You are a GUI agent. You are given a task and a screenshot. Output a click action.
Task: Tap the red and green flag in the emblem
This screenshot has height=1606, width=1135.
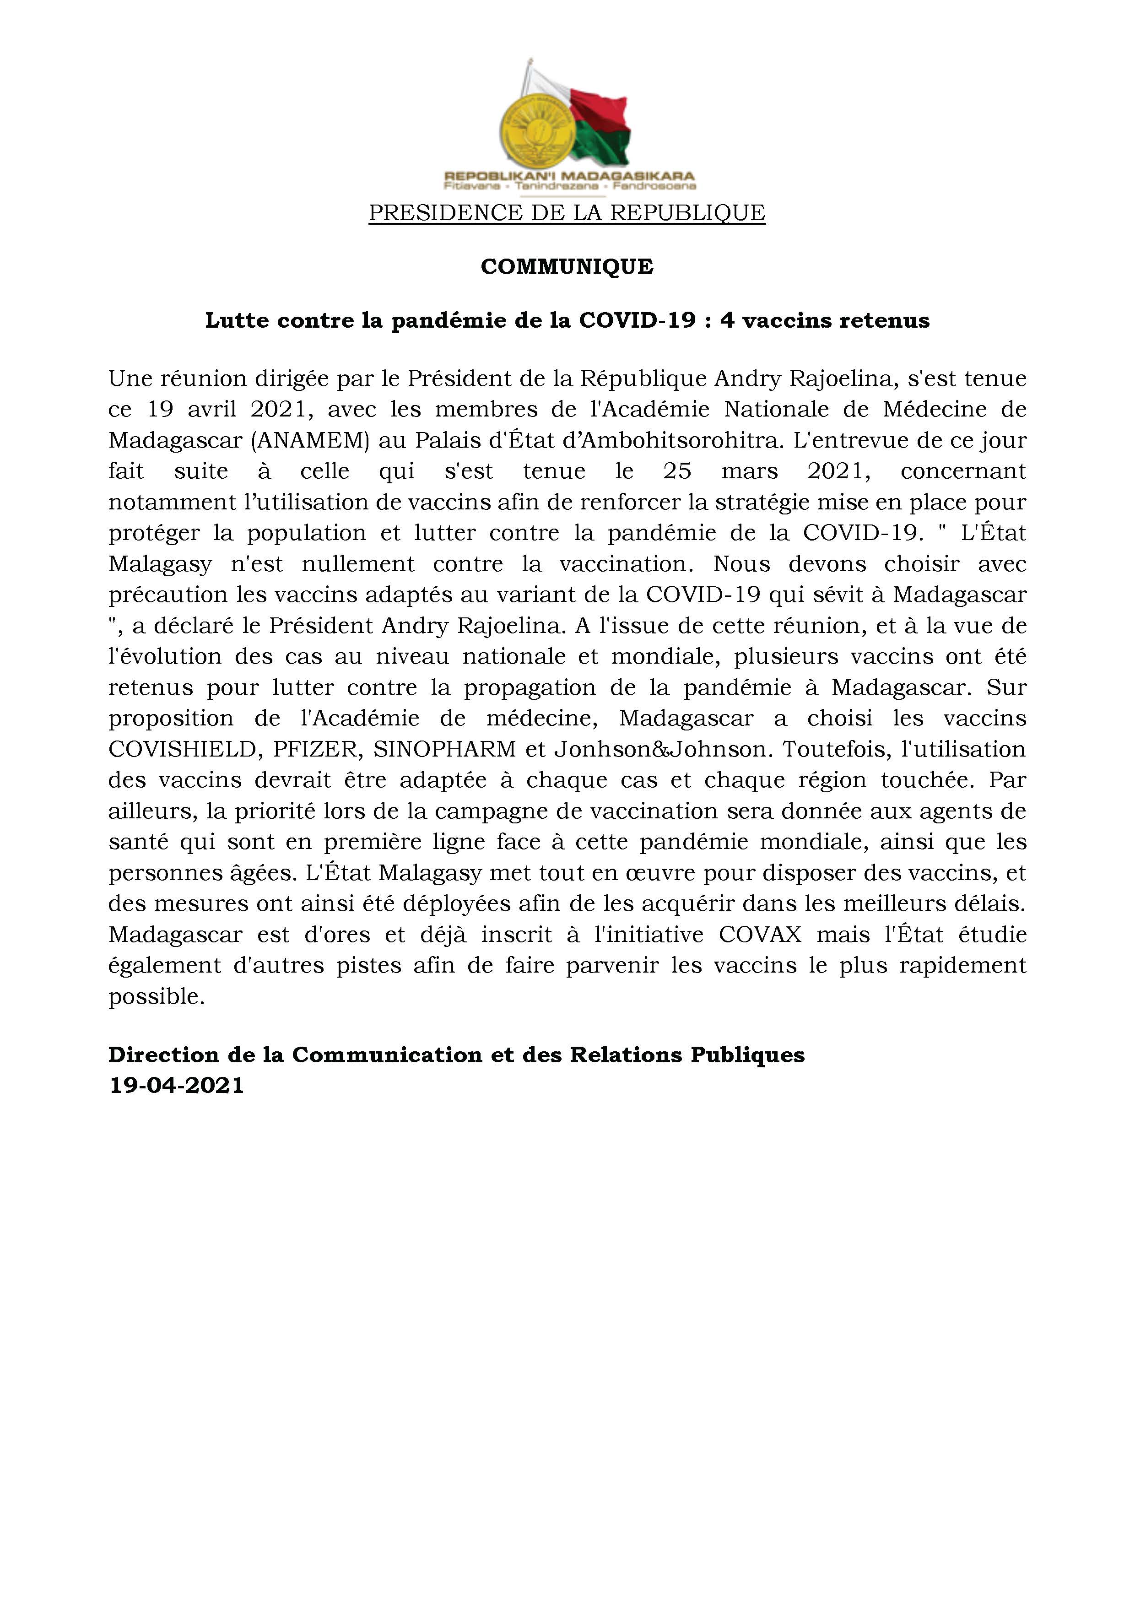pos(600,126)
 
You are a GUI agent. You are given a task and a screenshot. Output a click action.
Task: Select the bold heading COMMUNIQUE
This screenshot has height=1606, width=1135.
pos(567,266)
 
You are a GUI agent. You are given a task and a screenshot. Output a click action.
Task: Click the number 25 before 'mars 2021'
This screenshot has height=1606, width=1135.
pos(677,471)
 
